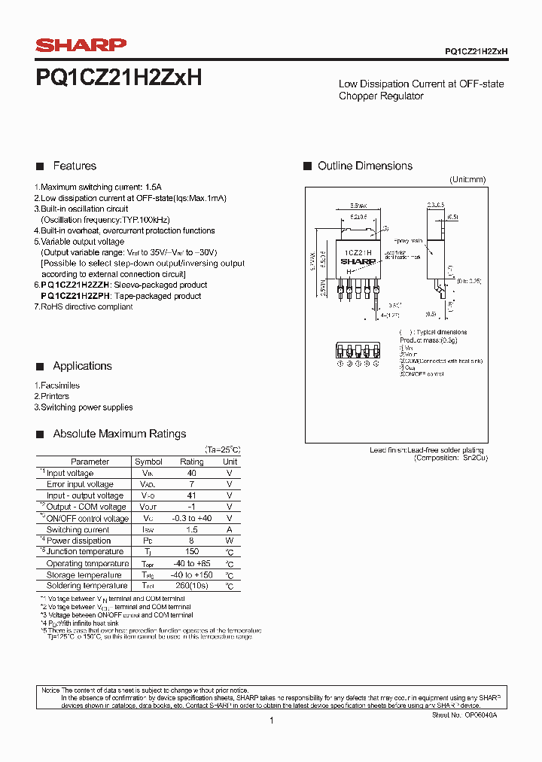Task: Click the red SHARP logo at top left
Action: tap(81, 46)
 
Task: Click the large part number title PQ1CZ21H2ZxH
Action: tap(118, 78)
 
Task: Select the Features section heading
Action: tap(75, 166)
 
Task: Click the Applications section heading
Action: tap(82, 366)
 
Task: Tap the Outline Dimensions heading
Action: tap(364, 166)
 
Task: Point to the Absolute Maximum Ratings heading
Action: tap(119, 434)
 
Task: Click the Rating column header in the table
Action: tap(191, 462)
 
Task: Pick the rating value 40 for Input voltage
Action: tap(191, 474)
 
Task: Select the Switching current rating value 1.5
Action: tap(191, 530)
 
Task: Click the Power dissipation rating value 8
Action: tap(191, 541)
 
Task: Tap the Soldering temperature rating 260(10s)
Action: tap(191, 586)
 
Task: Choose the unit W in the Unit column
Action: tap(230, 541)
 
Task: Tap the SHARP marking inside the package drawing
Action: tap(357, 263)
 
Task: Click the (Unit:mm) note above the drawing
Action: tap(467, 180)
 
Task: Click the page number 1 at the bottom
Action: tap(271, 721)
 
